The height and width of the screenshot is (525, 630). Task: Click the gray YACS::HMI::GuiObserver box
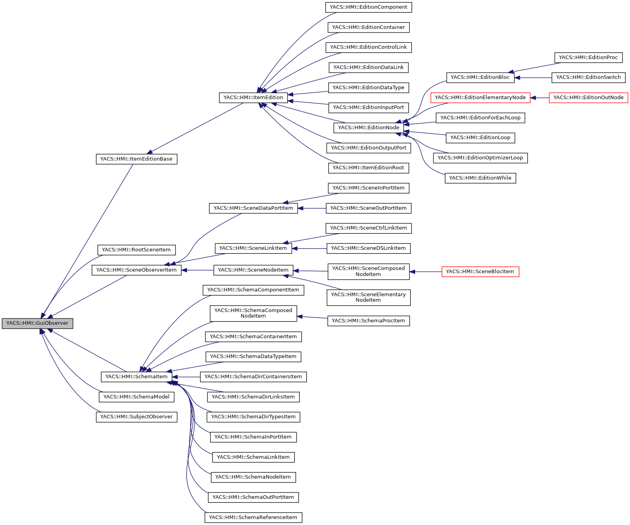[37, 323]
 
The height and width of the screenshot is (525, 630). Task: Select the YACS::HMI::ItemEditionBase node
[136, 159]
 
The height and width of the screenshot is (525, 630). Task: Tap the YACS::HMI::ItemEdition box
[253, 98]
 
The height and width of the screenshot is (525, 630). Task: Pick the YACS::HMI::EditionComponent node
[369, 7]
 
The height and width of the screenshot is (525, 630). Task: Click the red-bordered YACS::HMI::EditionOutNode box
[588, 98]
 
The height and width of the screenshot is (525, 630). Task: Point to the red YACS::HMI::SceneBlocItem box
[480, 272]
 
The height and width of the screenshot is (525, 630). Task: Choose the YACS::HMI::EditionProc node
[588, 57]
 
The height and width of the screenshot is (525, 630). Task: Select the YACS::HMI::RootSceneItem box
[136, 250]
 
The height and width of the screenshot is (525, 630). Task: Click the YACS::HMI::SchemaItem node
[136, 377]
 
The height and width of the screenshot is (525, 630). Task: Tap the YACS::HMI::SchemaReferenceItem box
[253, 517]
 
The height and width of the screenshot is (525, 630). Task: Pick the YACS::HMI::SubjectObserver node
[136, 417]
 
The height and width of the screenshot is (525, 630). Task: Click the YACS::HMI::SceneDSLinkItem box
[368, 248]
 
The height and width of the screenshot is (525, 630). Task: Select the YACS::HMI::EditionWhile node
[480, 178]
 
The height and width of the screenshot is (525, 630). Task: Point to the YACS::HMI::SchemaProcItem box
[368, 321]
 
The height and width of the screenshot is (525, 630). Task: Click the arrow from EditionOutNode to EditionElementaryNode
[540, 98]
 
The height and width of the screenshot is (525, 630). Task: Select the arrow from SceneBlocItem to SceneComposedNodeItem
[426, 272]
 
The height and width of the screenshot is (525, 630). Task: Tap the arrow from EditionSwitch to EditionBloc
[533, 78]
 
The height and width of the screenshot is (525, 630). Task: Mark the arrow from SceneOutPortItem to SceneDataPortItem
[312, 208]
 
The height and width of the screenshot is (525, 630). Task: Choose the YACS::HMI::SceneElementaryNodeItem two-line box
[368, 297]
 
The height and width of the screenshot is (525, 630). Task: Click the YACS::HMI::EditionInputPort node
[368, 107]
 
